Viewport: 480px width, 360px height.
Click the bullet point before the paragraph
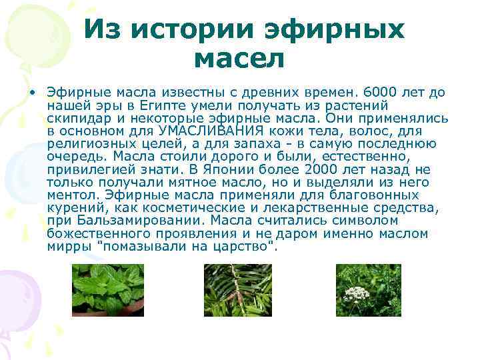pos(31,93)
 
